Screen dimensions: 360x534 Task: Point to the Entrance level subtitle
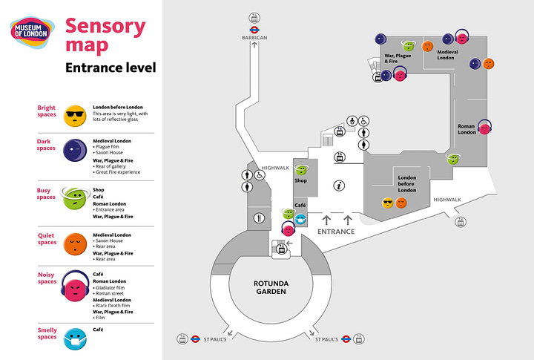(111, 68)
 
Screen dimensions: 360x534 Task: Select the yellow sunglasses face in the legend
(74, 114)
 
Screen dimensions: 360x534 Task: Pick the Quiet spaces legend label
(46, 240)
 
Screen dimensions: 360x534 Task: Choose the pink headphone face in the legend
(74, 286)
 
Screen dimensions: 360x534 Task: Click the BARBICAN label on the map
(254, 36)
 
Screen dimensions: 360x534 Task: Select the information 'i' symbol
(339, 186)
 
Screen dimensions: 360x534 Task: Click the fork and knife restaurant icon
(258, 218)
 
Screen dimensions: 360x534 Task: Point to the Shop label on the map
(300, 180)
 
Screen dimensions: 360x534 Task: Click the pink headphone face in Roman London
(484, 128)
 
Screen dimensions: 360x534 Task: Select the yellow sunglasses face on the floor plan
(387, 203)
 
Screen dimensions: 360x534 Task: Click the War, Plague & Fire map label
(397, 58)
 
